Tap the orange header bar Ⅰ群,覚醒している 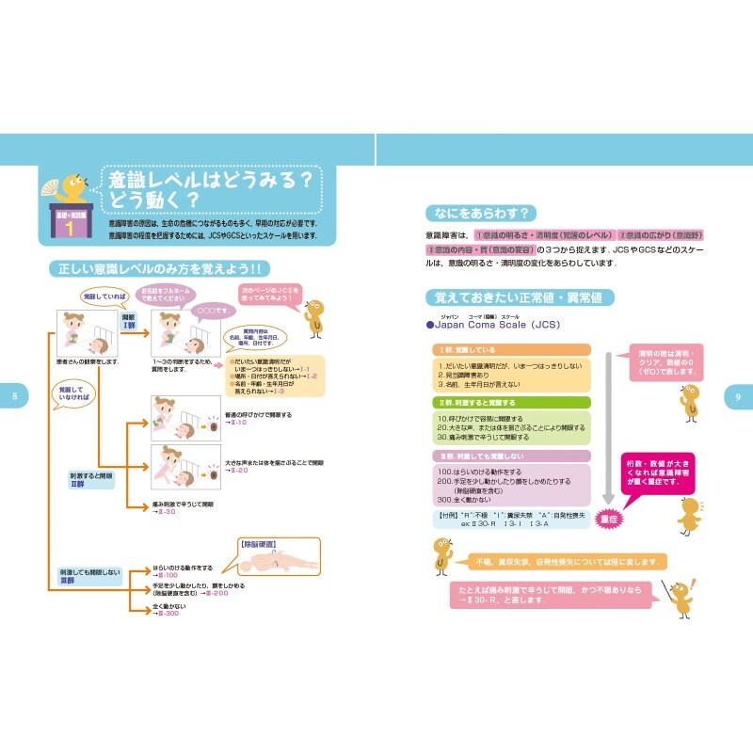point(512,350)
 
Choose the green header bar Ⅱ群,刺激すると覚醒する point(512,402)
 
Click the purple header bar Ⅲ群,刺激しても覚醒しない point(512,456)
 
